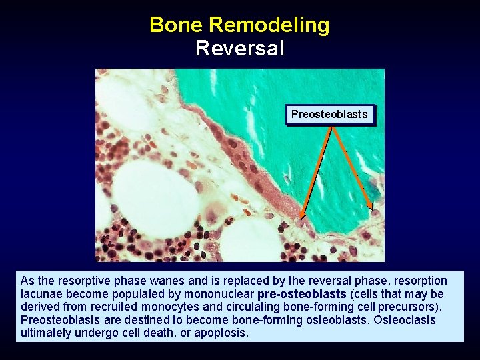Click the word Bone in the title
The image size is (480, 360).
point(176,25)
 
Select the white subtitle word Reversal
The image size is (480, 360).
point(240,49)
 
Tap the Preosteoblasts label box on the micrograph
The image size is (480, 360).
point(329,114)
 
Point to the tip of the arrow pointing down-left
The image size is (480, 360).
point(301,217)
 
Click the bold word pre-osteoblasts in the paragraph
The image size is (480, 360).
point(301,294)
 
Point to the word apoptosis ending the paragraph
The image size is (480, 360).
point(221,333)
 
